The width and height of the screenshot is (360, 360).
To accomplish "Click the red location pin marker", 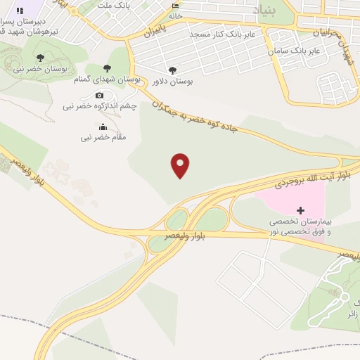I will (x=181, y=165).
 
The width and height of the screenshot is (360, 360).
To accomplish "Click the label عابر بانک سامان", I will (x=294, y=51).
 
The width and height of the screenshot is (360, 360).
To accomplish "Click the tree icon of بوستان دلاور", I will (x=173, y=70).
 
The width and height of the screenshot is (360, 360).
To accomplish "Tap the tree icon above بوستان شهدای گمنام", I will (x=107, y=68).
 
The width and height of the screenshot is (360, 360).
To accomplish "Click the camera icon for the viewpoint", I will (x=99, y=95).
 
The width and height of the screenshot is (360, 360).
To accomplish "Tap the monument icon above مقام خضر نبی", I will (x=103, y=127).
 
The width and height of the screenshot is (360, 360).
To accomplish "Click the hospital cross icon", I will (x=301, y=210).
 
